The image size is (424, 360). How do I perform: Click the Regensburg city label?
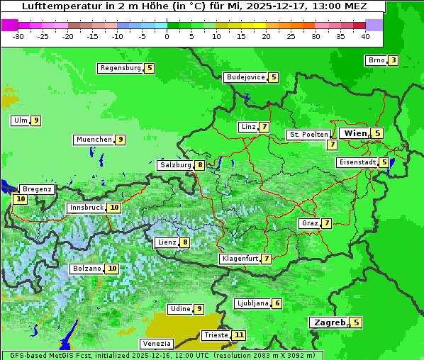tap(120, 68)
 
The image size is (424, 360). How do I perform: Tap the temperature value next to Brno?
tap(393, 60)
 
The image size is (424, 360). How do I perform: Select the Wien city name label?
tap(355, 133)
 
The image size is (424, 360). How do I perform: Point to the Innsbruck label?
tap(86, 208)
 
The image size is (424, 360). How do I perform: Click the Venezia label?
tap(157, 344)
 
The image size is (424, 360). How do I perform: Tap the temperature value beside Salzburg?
tap(201, 165)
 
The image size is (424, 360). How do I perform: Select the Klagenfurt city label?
tap(240, 259)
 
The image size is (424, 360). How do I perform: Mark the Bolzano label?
tap(87, 269)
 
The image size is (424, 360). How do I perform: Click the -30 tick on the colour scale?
tap(18, 36)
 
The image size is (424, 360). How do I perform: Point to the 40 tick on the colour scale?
tap(365, 36)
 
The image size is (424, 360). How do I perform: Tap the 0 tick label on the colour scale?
tap(167, 36)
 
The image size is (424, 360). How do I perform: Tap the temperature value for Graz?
tap(326, 223)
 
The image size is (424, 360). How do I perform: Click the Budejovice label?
tap(245, 77)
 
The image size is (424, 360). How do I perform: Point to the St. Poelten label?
tap(308, 134)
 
